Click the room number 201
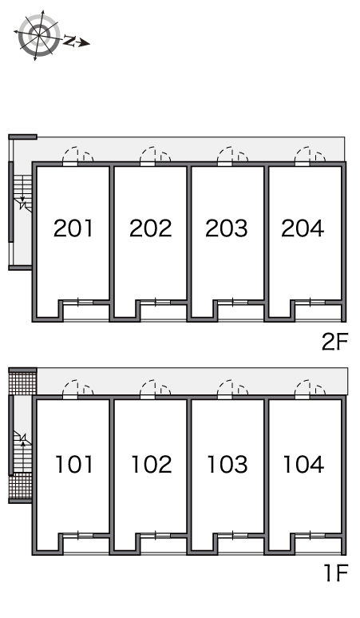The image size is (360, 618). point(73,228)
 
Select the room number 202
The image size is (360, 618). point(150,228)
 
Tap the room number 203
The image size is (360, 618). point(227,228)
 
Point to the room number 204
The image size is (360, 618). point(303,228)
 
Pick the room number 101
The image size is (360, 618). point(74,464)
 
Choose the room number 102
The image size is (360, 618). point(151,464)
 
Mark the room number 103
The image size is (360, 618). point(227,464)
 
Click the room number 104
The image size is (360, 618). point(303,464)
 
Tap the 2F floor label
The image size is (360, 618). point(334,342)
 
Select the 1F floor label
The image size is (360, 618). point(336,573)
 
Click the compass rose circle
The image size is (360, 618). point(39,35)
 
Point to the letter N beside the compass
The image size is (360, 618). point(69,40)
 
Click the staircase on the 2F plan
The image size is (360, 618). point(22,194)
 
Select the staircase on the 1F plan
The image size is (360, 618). point(22,452)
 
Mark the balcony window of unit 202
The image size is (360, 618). point(156,303)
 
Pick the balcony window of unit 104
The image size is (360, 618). point(311,535)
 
